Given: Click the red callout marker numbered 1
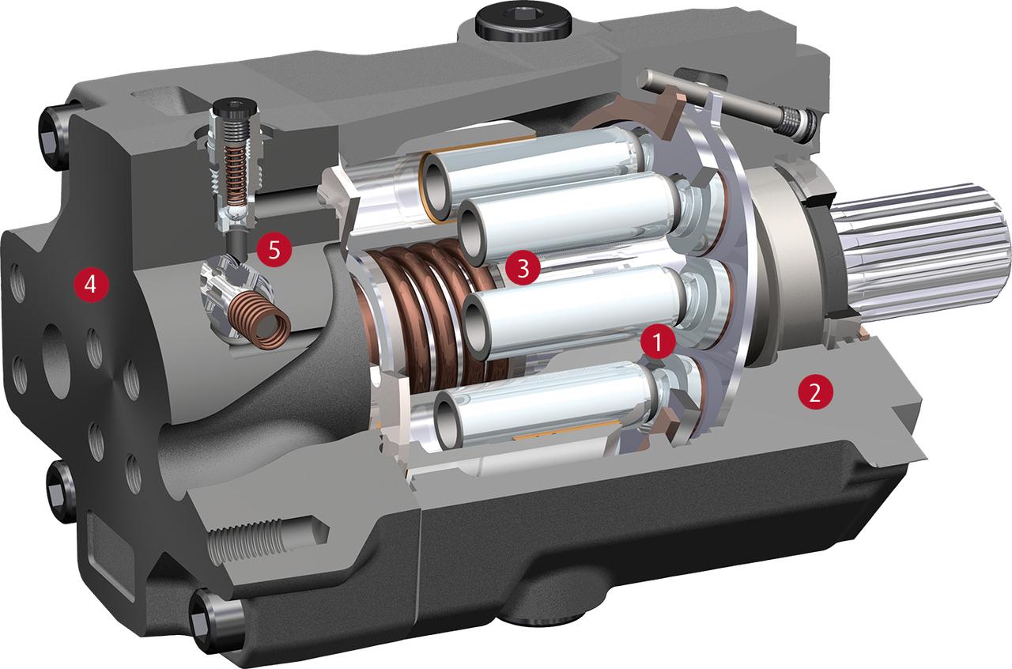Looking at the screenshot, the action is point(657,342).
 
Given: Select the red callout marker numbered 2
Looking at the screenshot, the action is point(814,395).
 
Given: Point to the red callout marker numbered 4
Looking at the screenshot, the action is point(91,285).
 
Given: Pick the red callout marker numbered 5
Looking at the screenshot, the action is point(274,250).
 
